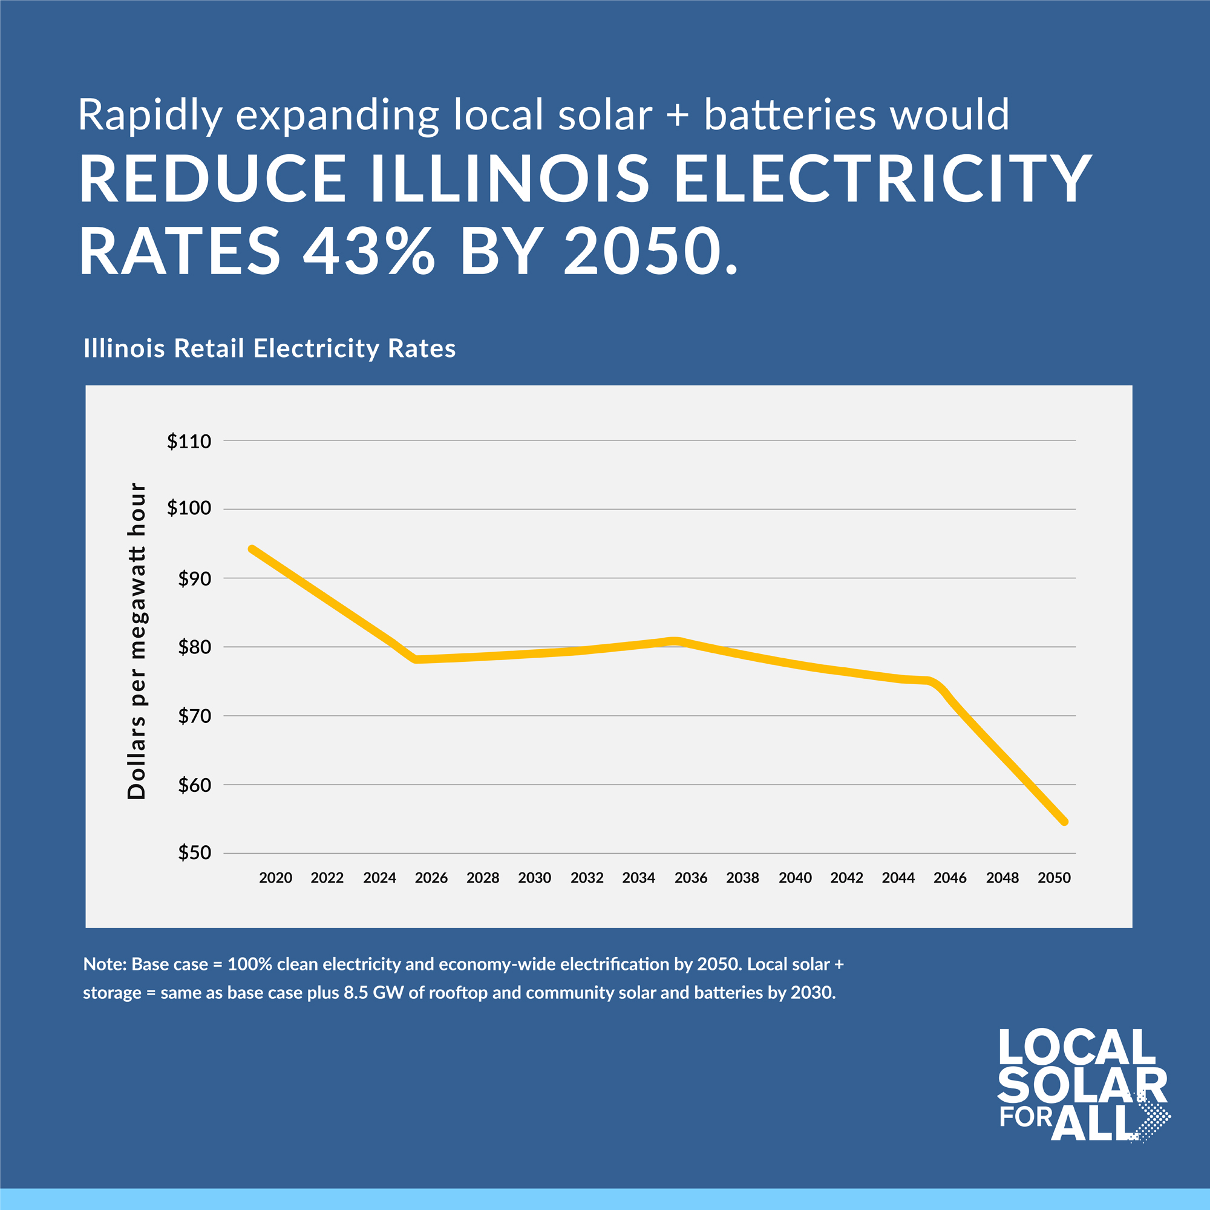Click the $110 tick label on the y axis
[189, 442]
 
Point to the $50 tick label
[194, 852]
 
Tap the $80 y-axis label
[194, 647]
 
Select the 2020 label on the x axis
[275, 878]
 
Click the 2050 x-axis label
[1054, 878]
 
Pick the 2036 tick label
[691, 878]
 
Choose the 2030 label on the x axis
[534, 878]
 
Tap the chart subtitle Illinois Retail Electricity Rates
[269, 348]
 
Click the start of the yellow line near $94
[252, 549]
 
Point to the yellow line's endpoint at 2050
[1064, 822]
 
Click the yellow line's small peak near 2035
[674, 641]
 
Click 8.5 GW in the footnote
[373, 993]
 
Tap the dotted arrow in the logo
[1154, 1119]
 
